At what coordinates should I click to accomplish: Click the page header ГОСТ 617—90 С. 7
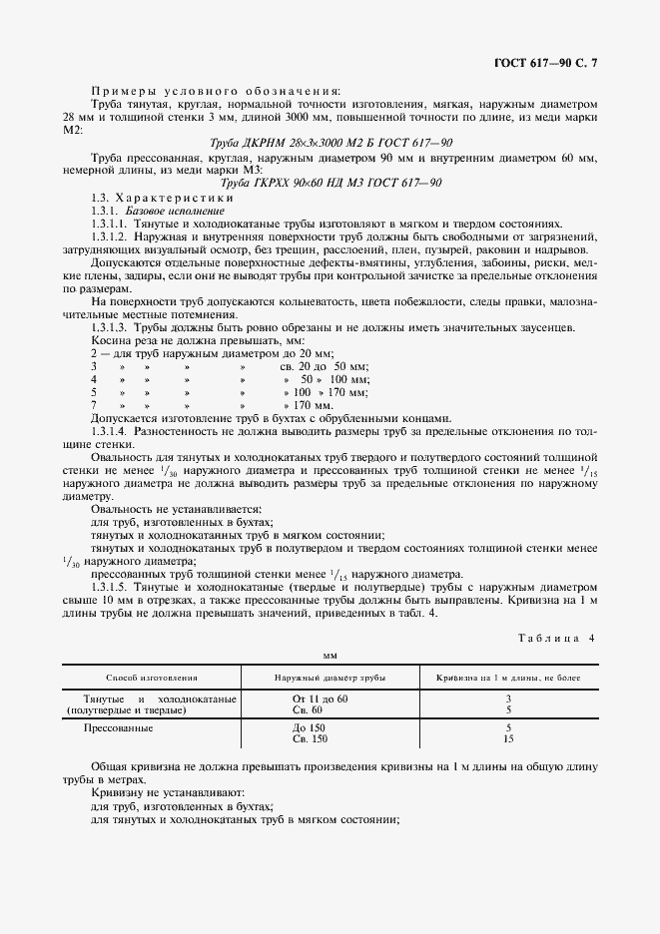coord(551,63)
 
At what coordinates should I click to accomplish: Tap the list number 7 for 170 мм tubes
coord(94,406)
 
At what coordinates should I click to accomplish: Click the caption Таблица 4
coord(555,638)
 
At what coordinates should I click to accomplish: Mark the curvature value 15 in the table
coord(508,739)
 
